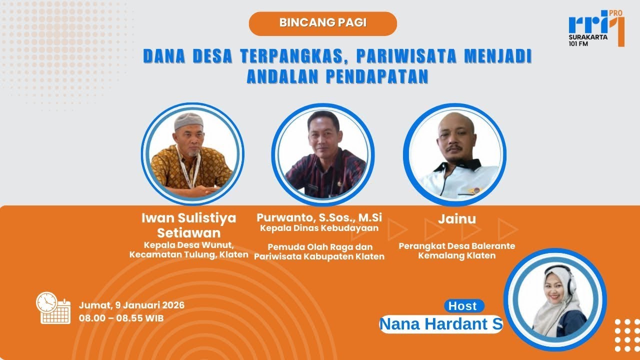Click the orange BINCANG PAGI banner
[322, 23]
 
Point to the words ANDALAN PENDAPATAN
[337, 76]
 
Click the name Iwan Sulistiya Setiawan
[189, 225]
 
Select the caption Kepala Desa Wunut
[189, 245]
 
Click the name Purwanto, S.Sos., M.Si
[319, 217]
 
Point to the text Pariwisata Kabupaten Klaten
[319, 256]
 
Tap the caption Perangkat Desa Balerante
[456, 246]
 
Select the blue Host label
[463, 305]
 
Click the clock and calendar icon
[53, 308]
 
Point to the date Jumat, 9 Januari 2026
[131, 305]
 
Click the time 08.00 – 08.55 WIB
[121, 318]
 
